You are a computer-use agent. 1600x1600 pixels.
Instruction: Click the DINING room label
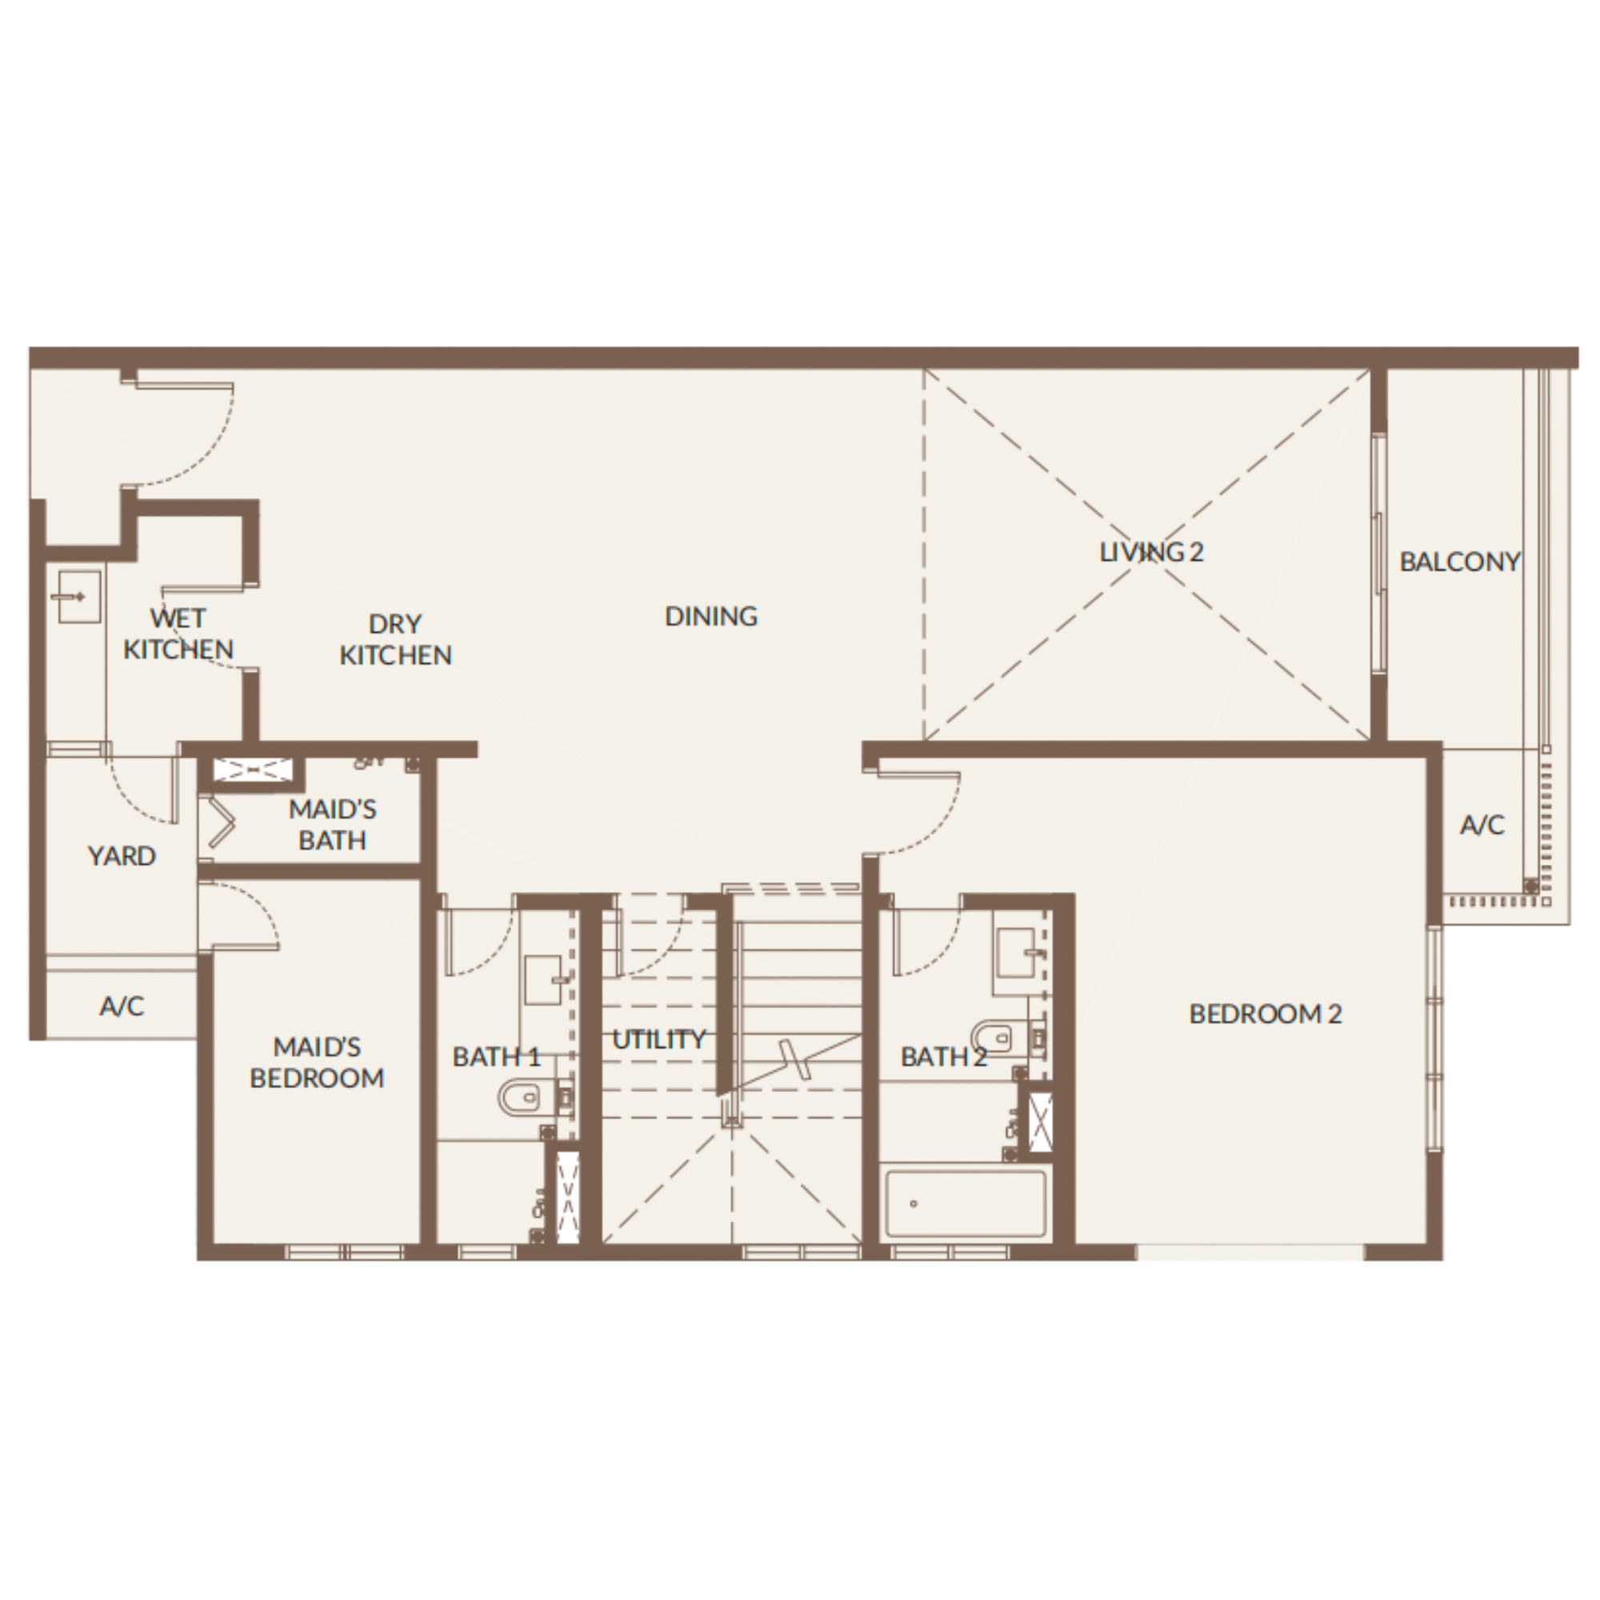pyautogui.click(x=711, y=616)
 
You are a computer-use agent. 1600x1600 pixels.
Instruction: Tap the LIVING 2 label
pyautogui.click(x=1151, y=552)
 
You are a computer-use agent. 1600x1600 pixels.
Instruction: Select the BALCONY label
pyautogui.click(x=1460, y=562)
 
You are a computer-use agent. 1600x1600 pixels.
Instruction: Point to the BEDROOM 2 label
pyautogui.click(x=1266, y=1014)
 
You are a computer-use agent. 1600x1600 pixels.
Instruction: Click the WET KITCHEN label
pyautogui.click(x=178, y=634)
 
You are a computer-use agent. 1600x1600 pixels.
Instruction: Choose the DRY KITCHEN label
pyautogui.click(x=396, y=639)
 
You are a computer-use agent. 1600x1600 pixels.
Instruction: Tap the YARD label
pyautogui.click(x=122, y=855)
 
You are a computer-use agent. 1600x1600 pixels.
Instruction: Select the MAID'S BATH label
pyautogui.click(x=332, y=825)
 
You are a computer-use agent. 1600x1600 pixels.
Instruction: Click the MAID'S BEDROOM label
pyautogui.click(x=317, y=1062)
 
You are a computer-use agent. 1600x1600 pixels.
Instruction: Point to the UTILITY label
pyautogui.click(x=659, y=1039)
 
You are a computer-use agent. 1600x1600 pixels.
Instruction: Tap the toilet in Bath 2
pyautogui.click(x=998, y=1038)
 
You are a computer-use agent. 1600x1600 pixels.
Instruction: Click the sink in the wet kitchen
pyautogui.click(x=80, y=596)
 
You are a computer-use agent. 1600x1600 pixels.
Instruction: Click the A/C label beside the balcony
pyautogui.click(x=1482, y=825)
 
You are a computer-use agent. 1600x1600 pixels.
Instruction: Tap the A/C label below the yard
pyautogui.click(x=122, y=1006)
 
